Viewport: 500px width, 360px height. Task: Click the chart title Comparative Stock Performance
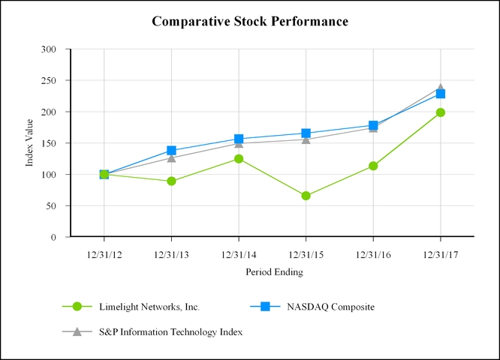pyautogui.click(x=250, y=21)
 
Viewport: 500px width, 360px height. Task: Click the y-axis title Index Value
pyautogui.click(x=31, y=143)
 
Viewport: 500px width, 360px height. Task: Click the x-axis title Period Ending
pyautogui.click(x=274, y=272)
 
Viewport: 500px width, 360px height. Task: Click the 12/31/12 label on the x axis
pyautogui.click(x=104, y=254)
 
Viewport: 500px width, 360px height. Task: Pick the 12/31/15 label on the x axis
pyautogui.click(x=306, y=254)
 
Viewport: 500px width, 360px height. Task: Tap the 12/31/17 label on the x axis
pyautogui.click(x=440, y=254)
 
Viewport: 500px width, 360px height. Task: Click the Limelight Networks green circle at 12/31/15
pyautogui.click(x=306, y=196)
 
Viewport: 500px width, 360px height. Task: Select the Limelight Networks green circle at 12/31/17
pyautogui.click(x=441, y=112)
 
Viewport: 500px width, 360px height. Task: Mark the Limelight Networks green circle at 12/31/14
pyautogui.click(x=239, y=159)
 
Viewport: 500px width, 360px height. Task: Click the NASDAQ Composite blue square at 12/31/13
pyautogui.click(x=171, y=151)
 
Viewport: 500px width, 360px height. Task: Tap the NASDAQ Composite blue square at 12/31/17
pyautogui.click(x=441, y=94)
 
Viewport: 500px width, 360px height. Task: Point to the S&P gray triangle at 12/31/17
pyautogui.click(x=441, y=88)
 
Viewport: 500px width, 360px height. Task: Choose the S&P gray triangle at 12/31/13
pyautogui.click(x=171, y=157)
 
